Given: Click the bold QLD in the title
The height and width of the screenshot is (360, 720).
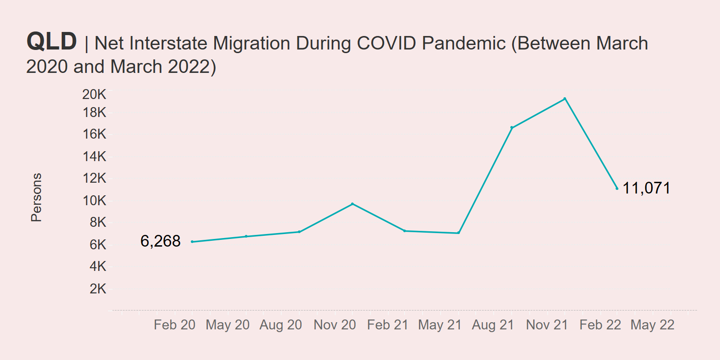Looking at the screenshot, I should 52,41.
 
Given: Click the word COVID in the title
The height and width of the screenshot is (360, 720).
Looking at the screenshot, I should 386,43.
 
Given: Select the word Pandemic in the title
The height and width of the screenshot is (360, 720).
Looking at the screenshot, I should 463,43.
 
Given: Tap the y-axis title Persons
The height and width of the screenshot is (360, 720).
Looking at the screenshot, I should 36,197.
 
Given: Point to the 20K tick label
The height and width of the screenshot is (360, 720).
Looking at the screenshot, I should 94,94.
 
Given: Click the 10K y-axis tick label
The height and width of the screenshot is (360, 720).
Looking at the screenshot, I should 94,200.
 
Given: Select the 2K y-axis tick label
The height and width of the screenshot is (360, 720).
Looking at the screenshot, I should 98,288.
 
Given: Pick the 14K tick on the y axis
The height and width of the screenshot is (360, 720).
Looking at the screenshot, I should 94,156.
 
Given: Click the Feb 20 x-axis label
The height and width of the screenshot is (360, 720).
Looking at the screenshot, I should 175,324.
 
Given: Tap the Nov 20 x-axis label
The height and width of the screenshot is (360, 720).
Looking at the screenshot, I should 334,324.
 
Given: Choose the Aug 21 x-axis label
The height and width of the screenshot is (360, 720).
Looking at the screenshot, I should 493,324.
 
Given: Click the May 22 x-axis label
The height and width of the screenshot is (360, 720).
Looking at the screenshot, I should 652,324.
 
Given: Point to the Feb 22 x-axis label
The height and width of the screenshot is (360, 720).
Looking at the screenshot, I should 600,324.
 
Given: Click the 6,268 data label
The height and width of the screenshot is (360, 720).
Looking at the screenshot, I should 160,241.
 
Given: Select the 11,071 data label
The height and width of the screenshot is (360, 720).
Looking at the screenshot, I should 646,188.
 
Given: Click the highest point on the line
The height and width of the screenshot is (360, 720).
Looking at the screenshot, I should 565,99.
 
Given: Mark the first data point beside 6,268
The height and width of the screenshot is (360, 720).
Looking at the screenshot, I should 192,242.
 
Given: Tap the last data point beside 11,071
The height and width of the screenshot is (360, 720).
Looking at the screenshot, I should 617,188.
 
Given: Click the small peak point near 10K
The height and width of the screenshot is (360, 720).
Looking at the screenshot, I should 352,204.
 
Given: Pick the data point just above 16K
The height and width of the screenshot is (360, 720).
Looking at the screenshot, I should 512,128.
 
